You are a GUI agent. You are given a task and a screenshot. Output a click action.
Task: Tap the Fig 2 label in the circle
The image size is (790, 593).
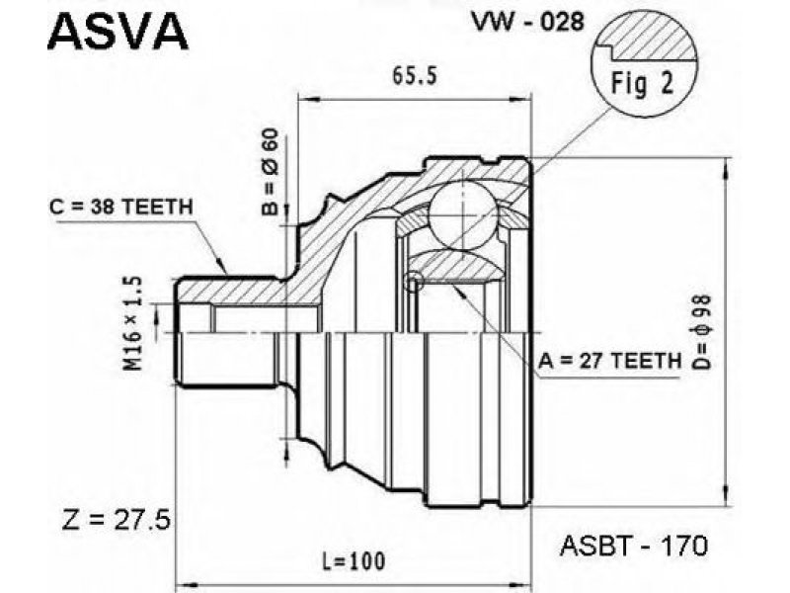coord(642,84)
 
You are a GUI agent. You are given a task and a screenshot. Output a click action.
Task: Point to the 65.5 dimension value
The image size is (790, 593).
coord(414,76)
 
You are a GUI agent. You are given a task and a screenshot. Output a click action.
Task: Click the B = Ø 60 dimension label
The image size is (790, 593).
coord(271,171)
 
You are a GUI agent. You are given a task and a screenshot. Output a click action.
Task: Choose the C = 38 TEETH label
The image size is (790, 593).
coord(120,207)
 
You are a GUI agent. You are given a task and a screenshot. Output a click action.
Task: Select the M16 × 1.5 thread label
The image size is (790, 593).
coord(133,323)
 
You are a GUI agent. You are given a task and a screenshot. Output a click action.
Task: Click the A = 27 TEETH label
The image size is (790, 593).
coord(610,361)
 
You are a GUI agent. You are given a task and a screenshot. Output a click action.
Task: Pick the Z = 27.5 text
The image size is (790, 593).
coord(117,521)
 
